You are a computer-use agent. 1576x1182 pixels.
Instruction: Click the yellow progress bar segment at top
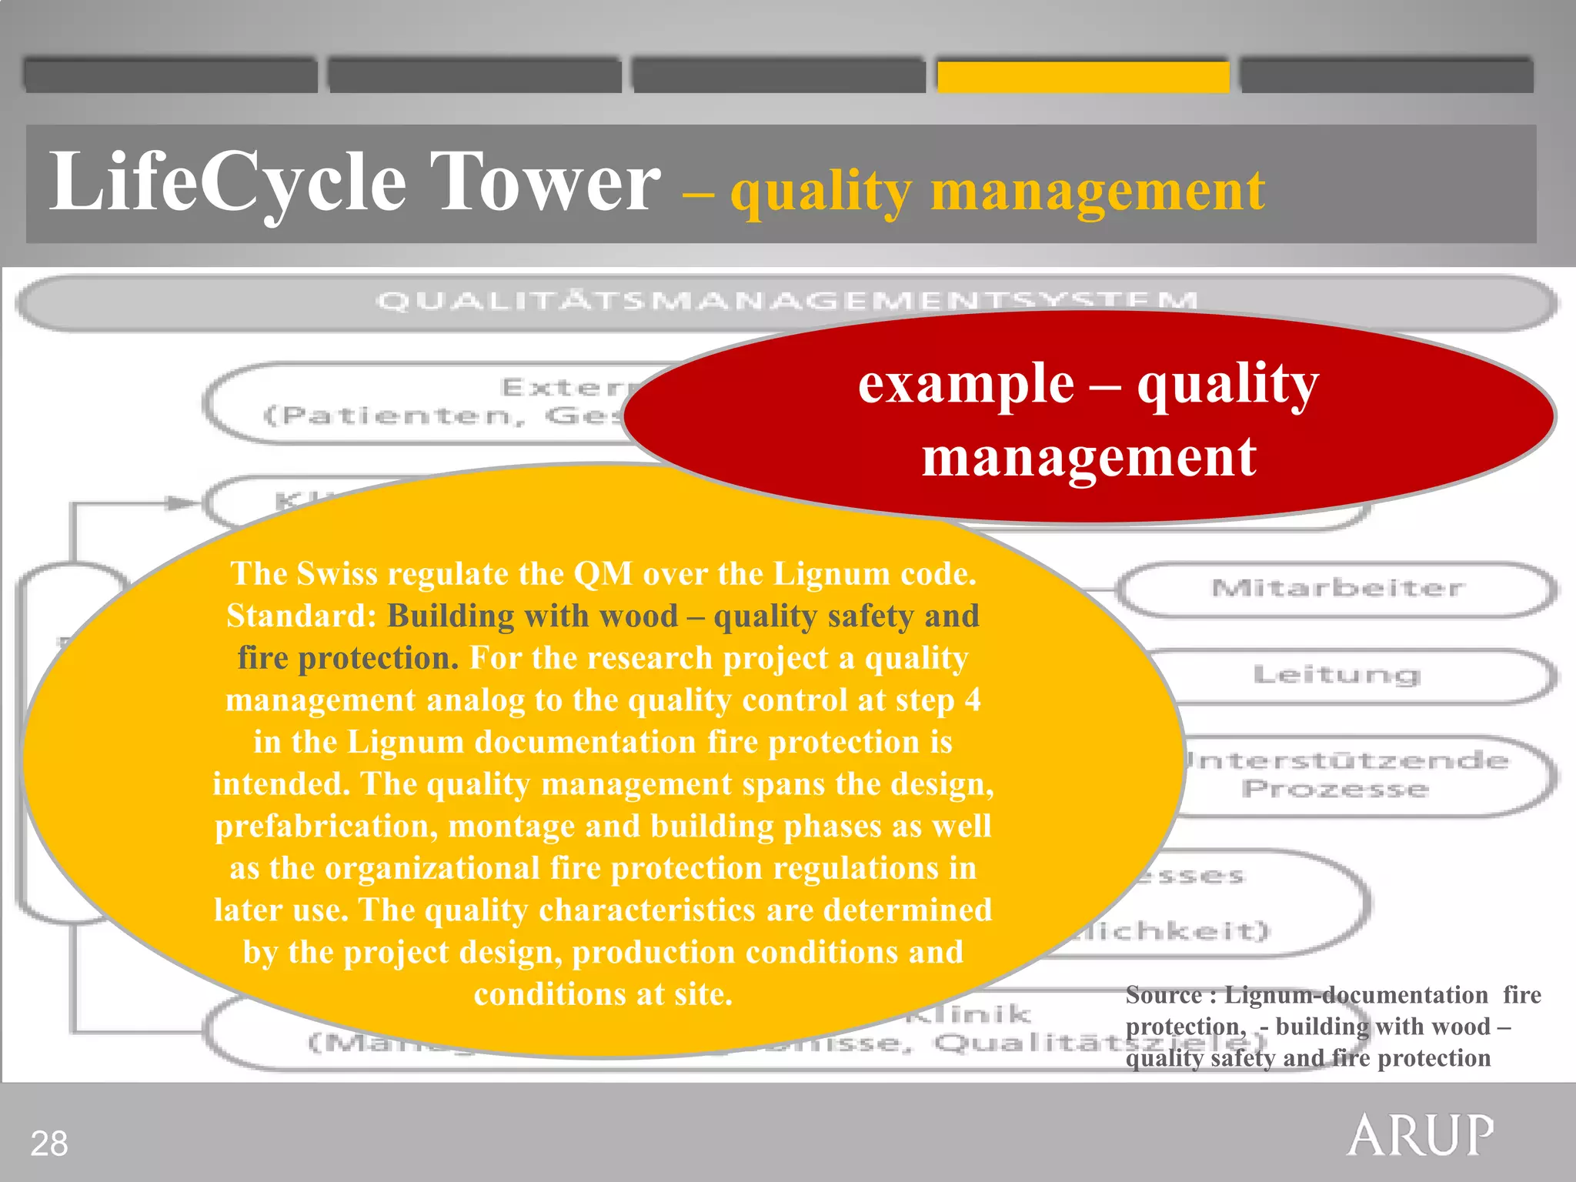click(x=1083, y=76)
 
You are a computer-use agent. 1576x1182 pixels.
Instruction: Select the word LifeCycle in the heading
click(x=228, y=182)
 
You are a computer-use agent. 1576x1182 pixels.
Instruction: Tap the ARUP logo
click(x=1420, y=1135)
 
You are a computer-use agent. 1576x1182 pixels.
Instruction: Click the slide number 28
click(x=49, y=1144)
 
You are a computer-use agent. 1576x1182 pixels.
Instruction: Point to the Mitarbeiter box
click(x=1337, y=589)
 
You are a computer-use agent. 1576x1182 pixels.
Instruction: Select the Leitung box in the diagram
click(x=1337, y=675)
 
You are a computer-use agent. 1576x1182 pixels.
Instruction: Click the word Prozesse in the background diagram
click(x=1335, y=790)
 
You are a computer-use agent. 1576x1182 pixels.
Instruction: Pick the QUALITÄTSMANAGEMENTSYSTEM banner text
click(x=786, y=301)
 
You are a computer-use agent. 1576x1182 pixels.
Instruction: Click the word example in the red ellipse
click(x=966, y=384)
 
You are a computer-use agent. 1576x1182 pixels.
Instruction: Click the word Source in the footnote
click(x=1163, y=995)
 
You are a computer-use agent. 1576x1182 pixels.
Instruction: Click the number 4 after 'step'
click(x=972, y=700)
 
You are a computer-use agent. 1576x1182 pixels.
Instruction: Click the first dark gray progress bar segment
click(x=170, y=76)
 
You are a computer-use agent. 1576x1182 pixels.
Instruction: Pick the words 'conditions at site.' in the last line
click(x=603, y=994)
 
